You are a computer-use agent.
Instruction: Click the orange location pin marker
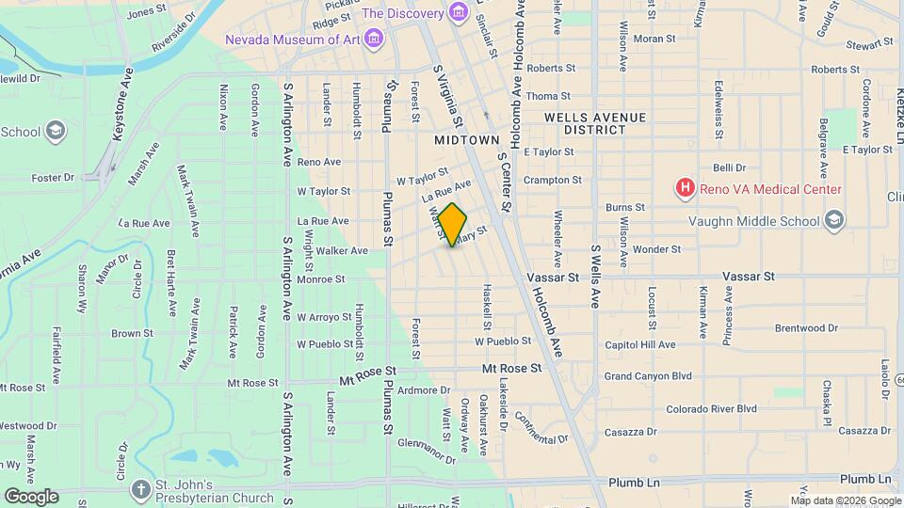453,225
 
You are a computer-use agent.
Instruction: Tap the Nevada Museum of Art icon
374,39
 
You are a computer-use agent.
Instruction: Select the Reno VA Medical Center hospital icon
685,189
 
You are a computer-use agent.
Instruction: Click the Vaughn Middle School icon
832,220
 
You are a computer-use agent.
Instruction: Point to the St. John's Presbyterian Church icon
140,489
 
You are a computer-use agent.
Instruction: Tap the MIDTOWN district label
466,139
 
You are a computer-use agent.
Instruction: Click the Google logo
31,496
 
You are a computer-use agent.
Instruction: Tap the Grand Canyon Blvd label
648,376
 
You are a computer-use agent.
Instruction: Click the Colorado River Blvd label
711,409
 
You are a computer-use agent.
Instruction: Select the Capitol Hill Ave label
640,344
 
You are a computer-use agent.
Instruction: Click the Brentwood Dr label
805,328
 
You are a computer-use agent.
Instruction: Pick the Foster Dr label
53,177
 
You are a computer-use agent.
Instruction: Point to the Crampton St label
553,179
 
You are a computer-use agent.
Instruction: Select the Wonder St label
656,249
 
